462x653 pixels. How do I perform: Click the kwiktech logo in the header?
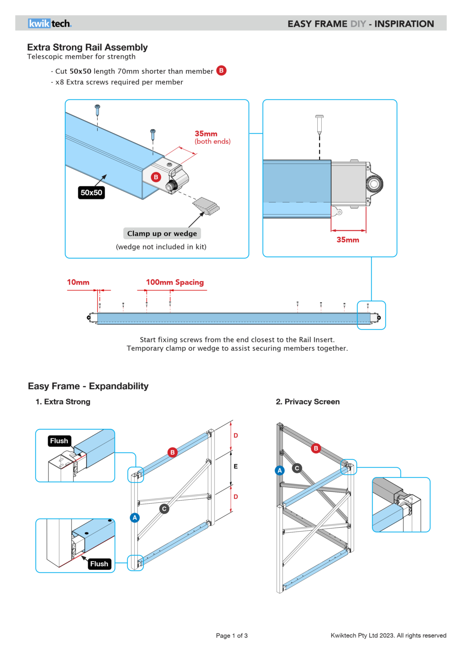click(x=50, y=24)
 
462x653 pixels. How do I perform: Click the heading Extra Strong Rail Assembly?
click(x=87, y=47)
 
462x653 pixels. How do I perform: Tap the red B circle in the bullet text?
click(x=221, y=71)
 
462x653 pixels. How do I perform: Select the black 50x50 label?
click(x=91, y=192)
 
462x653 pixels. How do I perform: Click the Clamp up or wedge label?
click(x=162, y=233)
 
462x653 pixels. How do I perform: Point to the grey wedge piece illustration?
click(x=206, y=206)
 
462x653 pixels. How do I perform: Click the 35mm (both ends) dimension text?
click(x=212, y=137)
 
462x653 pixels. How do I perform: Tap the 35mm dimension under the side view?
click(x=348, y=240)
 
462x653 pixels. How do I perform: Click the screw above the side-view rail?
click(x=319, y=125)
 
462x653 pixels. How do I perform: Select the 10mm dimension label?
click(x=78, y=282)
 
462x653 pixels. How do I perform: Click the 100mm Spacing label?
click(x=175, y=282)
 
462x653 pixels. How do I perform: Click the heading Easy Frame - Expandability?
click(x=88, y=386)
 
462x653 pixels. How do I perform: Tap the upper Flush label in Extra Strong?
click(x=59, y=441)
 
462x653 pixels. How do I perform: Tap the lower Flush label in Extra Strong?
click(x=99, y=564)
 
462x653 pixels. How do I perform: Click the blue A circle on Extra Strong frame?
click(x=135, y=518)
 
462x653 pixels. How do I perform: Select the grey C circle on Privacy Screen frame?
click(x=297, y=468)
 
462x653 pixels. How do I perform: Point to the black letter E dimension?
click(x=236, y=466)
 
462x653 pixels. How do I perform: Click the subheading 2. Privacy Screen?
click(x=308, y=402)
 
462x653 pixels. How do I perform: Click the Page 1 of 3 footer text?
click(x=231, y=636)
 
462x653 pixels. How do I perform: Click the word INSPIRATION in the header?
click(x=404, y=24)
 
